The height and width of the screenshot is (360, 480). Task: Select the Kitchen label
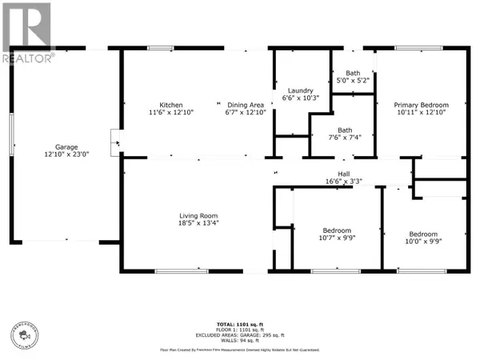click(171, 105)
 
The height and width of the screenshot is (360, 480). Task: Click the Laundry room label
click(300, 90)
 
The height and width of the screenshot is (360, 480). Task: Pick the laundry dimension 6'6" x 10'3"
click(300, 98)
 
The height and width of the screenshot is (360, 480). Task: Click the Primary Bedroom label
click(421, 105)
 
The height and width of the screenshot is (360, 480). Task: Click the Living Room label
click(198, 215)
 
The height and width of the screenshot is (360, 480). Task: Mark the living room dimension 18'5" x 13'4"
click(198, 223)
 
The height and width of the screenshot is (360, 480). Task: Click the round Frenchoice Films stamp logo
click(27, 335)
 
